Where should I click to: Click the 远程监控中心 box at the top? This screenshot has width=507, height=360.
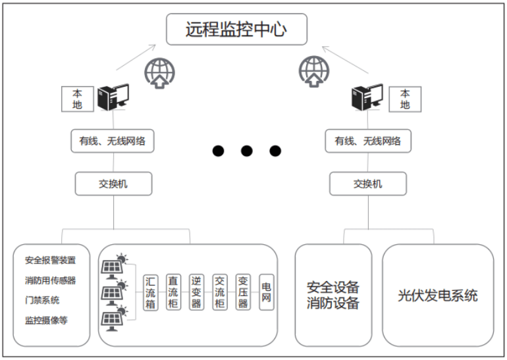(x=237, y=30)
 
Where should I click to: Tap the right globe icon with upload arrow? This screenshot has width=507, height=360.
(x=313, y=70)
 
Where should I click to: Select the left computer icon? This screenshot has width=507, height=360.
(x=113, y=97)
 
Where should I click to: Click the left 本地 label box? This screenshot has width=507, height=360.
(x=77, y=99)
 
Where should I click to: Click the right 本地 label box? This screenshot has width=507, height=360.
(x=405, y=99)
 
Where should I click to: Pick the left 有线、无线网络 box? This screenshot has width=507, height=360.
(x=113, y=140)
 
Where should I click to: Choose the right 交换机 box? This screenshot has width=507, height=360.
(x=367, y=184)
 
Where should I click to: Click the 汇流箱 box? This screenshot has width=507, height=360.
(x=151, y=292)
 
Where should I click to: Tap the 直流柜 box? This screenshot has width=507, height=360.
(x=173, y=292)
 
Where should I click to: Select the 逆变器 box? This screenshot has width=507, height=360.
(x=196, y=292)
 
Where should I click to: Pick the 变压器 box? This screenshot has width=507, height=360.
(x=243, y=292)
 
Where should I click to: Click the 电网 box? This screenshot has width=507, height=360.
(x=267, y=292)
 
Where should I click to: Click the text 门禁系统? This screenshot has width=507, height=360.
(x=42, y=300)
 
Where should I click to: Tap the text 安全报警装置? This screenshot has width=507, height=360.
(x=50, y=260)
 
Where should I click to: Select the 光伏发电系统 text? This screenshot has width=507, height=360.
(x=438, y=296)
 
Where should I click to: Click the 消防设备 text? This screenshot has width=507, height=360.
(x=333, y=303)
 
